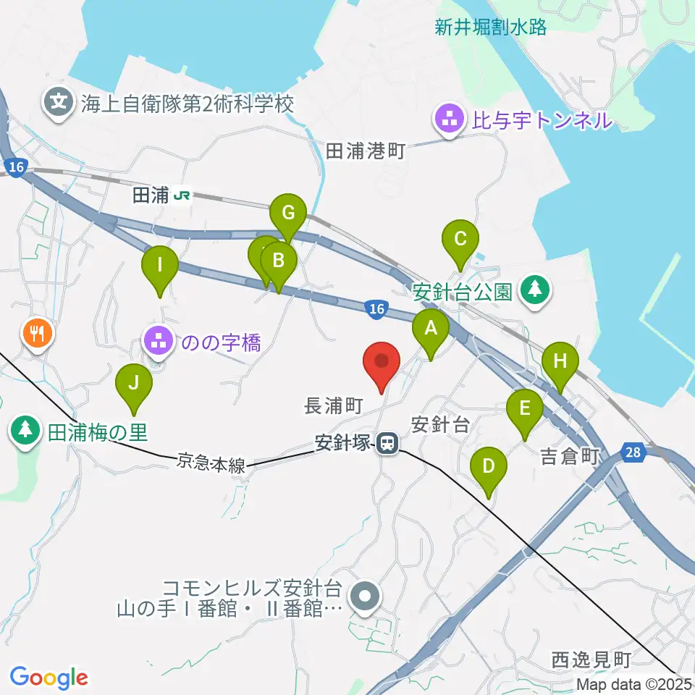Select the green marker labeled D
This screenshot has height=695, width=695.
coord(489,466)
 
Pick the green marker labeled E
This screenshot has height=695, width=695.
coord(525,408)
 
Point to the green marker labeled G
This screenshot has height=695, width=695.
coord(288,214)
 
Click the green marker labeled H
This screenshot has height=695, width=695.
coord(560,361)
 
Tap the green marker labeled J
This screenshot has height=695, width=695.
coord(133,384)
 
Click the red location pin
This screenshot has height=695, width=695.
coord(382,361)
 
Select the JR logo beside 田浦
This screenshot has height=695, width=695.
coord(183,195)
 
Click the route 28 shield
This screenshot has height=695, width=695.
coord(633,452)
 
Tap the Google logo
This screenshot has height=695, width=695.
coord(49,678)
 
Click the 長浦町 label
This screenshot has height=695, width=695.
coord(333,406)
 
